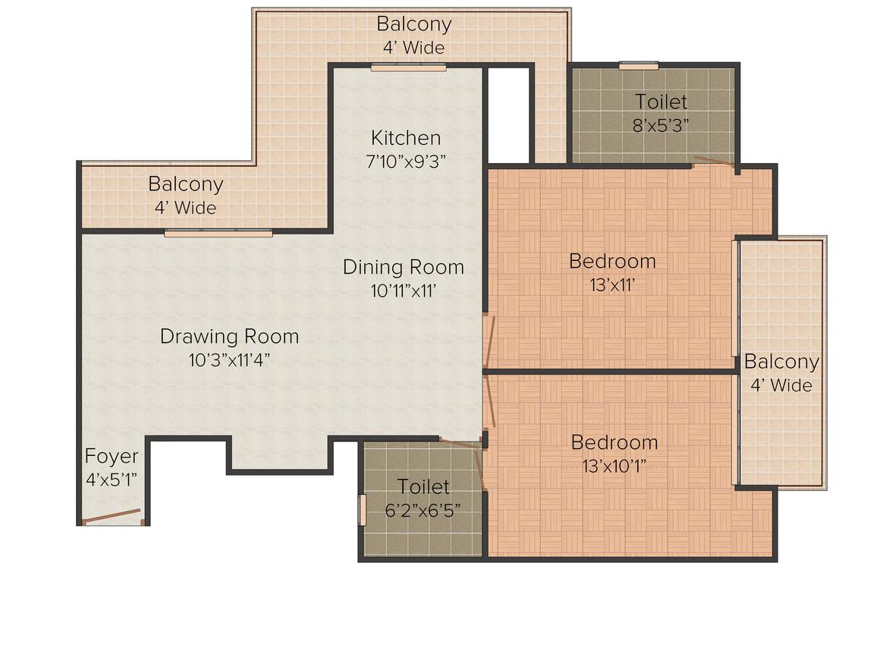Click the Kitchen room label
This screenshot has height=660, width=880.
pyautogui.click(x=405, y=138)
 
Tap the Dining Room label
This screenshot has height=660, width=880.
pyautogui.click(x=403, y=267)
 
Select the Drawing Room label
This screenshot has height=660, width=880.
pyautogui.click(x=229, y=336)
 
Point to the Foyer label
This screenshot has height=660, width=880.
pyautogui.click(x=112, y=456)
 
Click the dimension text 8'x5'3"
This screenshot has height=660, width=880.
pyautogui.click(x=662, y=124)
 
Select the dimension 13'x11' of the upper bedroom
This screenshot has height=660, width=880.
pyautogui.click(x=612, y=284)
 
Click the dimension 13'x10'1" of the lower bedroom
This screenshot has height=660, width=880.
pyautogui.click(x=614, y=466)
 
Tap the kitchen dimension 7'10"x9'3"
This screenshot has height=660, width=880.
pyautogui.click(x=405, y=161)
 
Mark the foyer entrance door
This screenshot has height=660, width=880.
pyautogui.click(x=112, y=517)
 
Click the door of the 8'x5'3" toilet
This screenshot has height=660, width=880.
pyautogui.click(x=715, y=162)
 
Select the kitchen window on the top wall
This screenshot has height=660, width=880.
pyautogui.click(x=408, y=68)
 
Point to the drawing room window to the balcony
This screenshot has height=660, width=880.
pyautogui.click(x=218, y=233)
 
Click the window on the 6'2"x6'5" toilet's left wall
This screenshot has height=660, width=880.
pyautogui.click(x=362, y=508)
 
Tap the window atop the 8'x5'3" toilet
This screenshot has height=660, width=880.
pyautogui.click(x=638, y=66)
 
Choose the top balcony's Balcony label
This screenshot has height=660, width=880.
pyautogui.click(x=413, y=24)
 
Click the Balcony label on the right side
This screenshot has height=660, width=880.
pyautogui.click(x=781, y=362)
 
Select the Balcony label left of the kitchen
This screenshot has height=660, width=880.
pyautogui.click(x=185, y=184)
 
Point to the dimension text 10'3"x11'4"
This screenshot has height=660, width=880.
pyautogui.click(x=229, y=360)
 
